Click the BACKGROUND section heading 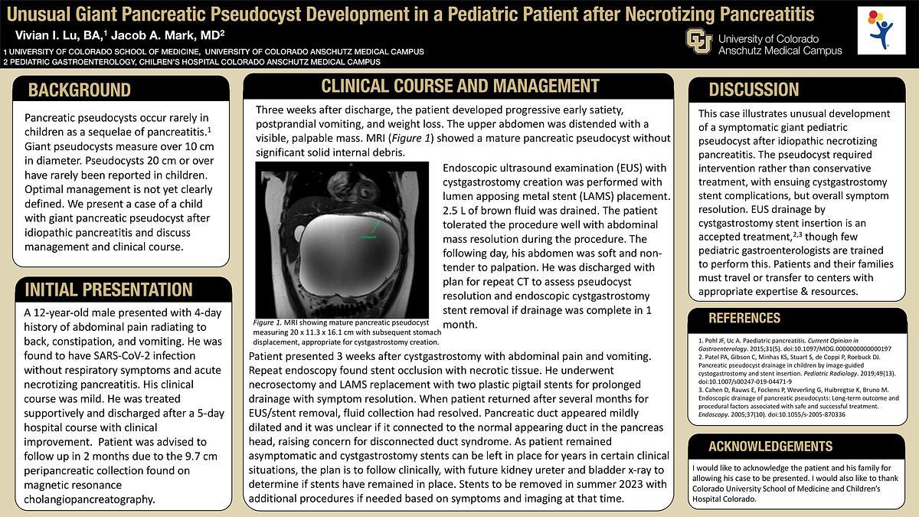(80, 90)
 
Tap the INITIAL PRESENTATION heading (108, 290)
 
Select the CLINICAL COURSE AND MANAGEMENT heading (459, 85)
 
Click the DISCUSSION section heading (754, 90)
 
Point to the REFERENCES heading (744, 319)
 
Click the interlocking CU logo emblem (698, 40)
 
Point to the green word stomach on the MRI (368, 237)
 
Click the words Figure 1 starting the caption (268, 323)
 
